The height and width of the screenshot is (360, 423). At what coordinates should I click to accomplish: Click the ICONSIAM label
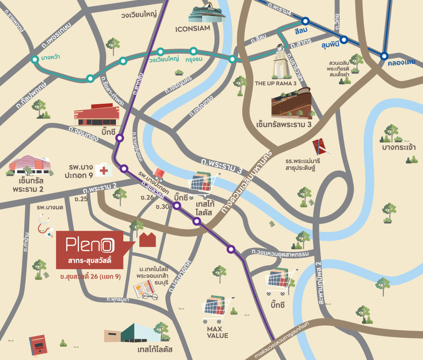(x=192, y=29)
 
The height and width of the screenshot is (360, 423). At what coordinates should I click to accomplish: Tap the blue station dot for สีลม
(x=305, y=21)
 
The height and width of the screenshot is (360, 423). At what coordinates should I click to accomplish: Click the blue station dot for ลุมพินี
(x=344, y=40)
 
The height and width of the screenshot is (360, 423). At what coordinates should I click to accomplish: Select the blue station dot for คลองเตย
(x=385, y=56)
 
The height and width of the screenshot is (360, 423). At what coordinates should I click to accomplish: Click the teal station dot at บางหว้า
(x=35, y=60)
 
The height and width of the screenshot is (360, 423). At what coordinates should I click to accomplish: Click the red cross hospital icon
(x=103, y=169)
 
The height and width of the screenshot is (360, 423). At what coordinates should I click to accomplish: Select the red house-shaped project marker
(x=147, y=239)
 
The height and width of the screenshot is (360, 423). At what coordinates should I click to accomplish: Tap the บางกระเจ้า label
(x=399, y=148)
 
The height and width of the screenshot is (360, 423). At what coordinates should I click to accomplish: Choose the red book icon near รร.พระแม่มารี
(x=319, y=146)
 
